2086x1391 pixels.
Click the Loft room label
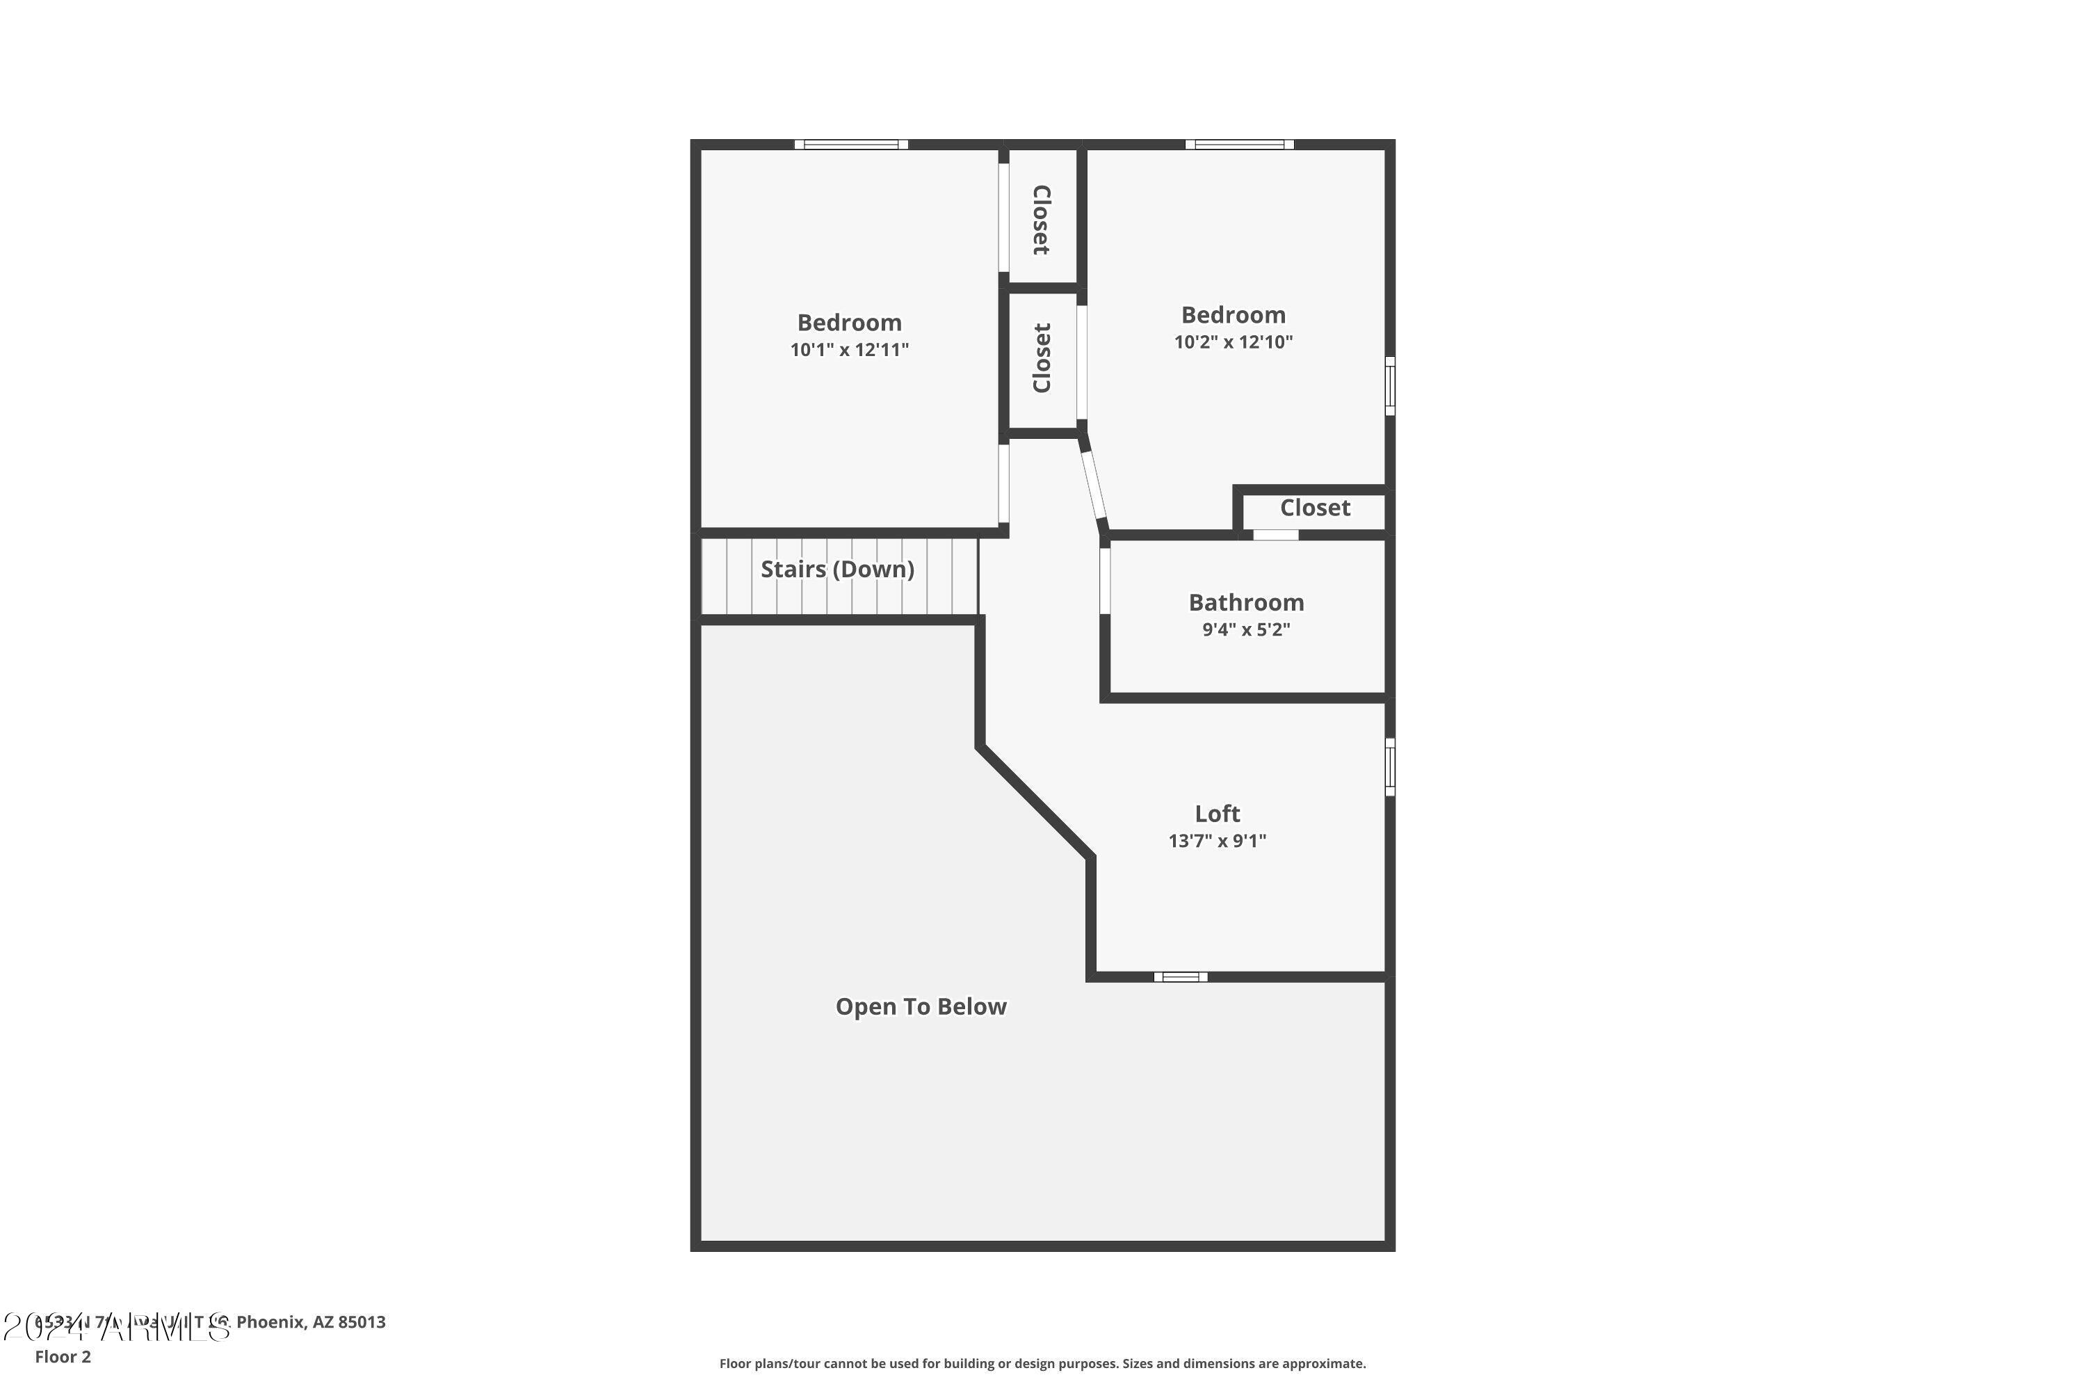(1217, 814)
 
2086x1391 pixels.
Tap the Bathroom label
(1246, 602)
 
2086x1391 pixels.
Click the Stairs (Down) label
(837, 569)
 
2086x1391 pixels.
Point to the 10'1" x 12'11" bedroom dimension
(850, 350)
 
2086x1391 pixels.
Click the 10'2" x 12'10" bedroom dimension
(1234, 341)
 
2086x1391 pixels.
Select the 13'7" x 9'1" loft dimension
(1217, 841)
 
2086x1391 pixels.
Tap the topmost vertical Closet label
(1042, 219)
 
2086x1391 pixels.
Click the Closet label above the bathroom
(1314, 508)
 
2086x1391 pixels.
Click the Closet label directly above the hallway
(1042, 357)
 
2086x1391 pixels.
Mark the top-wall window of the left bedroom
(850, 145)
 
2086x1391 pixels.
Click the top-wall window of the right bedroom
(1239, 145)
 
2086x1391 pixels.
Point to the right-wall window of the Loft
(1390, 766)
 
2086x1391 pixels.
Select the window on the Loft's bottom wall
(1181, 976)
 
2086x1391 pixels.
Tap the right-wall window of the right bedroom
(1390, 386)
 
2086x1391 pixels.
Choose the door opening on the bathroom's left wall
(1105, 581)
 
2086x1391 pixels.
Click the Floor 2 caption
(63, 1356)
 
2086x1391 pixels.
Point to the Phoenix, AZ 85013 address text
(310, 1322)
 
